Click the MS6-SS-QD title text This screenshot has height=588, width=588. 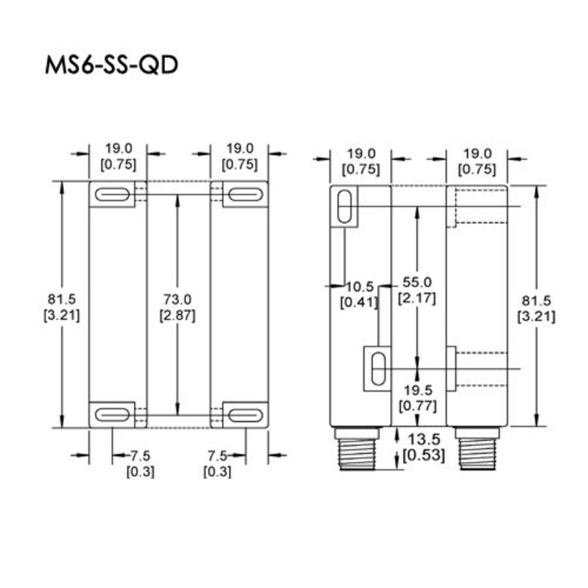click(112, 65)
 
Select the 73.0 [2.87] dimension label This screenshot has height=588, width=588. click(177, 306)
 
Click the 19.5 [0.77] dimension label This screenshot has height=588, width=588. click(417, 398)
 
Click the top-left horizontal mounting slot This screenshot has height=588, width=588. click(112, 195)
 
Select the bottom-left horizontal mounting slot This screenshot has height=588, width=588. click(112, 414)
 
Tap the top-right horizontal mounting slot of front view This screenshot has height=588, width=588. click(245, 195)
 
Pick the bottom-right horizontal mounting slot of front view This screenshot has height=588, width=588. click(245, 414)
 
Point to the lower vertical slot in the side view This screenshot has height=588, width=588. click(376, 369)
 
